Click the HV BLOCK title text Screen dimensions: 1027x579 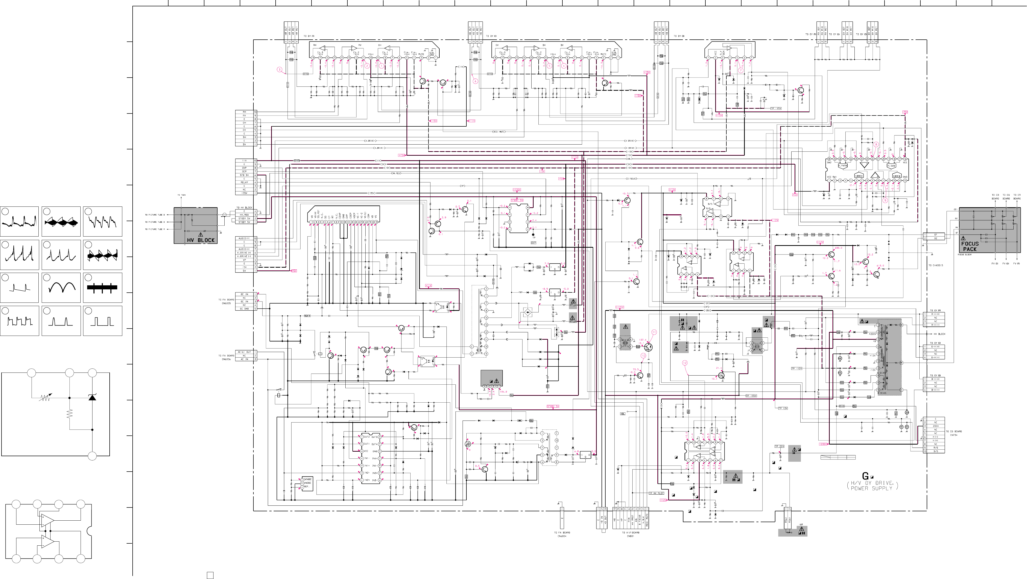click(201, 240)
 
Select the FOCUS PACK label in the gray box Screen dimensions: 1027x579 click(970, 246)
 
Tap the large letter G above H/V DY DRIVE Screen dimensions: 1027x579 click(865, 476)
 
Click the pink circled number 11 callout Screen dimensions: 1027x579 click(654, 332)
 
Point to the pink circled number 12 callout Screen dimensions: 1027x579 click(685, 363)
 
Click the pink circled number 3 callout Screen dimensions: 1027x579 click(280, 70)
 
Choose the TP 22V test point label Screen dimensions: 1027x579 click(779, 446)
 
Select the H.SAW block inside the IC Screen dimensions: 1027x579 click(891, 166)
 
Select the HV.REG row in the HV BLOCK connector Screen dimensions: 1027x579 click(244, 215)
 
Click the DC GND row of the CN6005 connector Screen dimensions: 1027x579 click(244, 309)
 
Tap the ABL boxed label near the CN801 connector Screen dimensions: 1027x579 click(623, 413)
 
